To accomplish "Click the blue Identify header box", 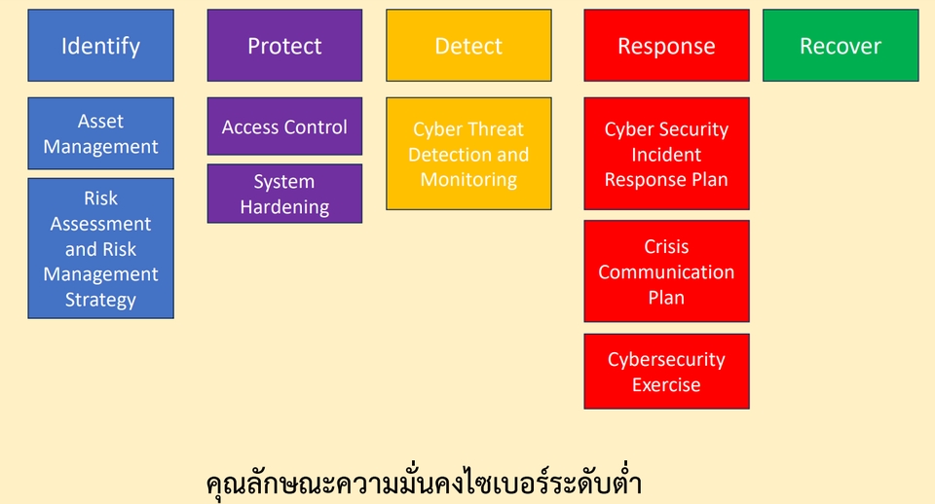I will (x=100, y=46).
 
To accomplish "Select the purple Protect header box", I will (x=284, y=46).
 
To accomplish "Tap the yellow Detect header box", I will (x=468, y=46).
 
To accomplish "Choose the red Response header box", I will (x=666, y=46).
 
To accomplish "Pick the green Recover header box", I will (x=841, y=46).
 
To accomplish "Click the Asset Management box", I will (x=100, y=134).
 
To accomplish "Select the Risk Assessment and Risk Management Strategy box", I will (x=100, y=248).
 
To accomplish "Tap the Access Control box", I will (x=284, y=126).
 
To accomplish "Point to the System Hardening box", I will (x=284, y=194).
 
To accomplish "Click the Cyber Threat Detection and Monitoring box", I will (x=468, y=154).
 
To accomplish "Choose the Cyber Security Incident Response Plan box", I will (x=666, y=154).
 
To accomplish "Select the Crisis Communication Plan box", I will (x=666, y=271).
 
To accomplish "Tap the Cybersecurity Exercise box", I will (x=666, y=372).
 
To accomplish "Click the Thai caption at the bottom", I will (x=425, y=484).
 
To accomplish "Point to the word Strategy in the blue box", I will (x=100, y=300).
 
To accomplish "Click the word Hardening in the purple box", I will (x=284, y=207).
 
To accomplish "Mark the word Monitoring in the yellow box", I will (x=468, y=180).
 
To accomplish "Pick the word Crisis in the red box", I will (x=666, y=247).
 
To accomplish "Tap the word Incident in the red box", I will (x=666, y=155).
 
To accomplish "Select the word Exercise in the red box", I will (x=666, y=385).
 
